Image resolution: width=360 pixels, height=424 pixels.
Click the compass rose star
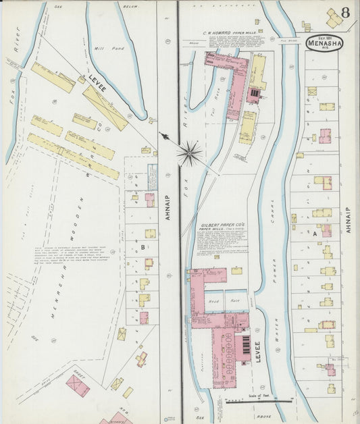(x=190, y=153)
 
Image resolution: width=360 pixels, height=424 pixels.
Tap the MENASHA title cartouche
(x=324, y=43)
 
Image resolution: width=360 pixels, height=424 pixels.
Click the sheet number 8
(x=345, y=12)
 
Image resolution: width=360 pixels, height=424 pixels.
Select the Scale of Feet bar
(x=259, y=400)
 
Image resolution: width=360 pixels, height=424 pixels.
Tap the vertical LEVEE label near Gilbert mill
(x=257, y=352)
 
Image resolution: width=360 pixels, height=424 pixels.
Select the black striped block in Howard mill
(x=254, y=92)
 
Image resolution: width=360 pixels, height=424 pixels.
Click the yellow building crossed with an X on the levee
(x=105, y=107)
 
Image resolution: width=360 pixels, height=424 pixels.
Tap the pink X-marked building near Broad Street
(x=78, y=386)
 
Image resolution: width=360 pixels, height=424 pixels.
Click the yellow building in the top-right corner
(x=334, y=20)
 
